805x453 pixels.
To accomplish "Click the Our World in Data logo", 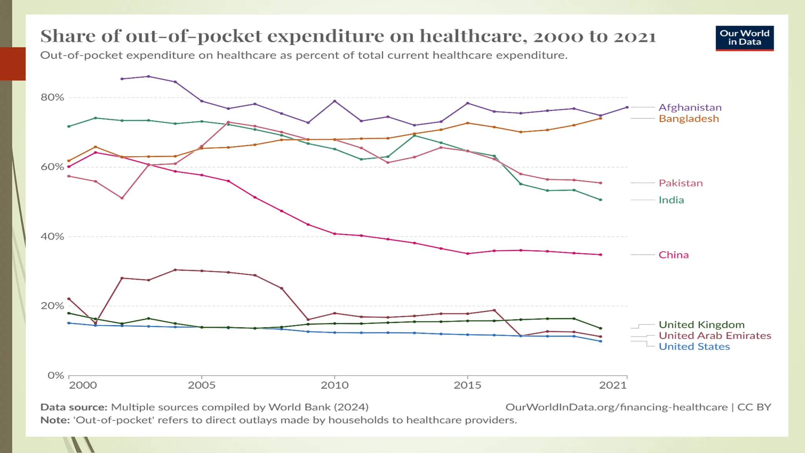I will coord(744,38).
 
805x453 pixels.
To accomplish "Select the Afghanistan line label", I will coord(690,107).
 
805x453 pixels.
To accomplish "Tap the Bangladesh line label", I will coord(689,119).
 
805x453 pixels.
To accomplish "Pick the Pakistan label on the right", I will coord(680,183).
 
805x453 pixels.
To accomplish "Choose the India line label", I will coord(671,200).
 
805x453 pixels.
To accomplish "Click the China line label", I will coord(673,255).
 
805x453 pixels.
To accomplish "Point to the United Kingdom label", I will coord(701,325).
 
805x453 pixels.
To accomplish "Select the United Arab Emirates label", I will coord(715,336).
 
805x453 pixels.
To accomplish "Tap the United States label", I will coord(694,347).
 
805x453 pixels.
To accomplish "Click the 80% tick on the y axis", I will coord(52,98).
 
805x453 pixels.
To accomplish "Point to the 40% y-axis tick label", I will coord(52,237).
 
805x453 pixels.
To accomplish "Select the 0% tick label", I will coord(55,376).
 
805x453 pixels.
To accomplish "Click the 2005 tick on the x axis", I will coord(202,385).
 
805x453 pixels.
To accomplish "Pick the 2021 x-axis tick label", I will coord(612,385).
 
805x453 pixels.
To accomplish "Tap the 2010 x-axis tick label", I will coord(334,385).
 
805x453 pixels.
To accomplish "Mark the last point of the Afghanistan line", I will coord(627,107).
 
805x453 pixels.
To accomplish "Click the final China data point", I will coord(601,255).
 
